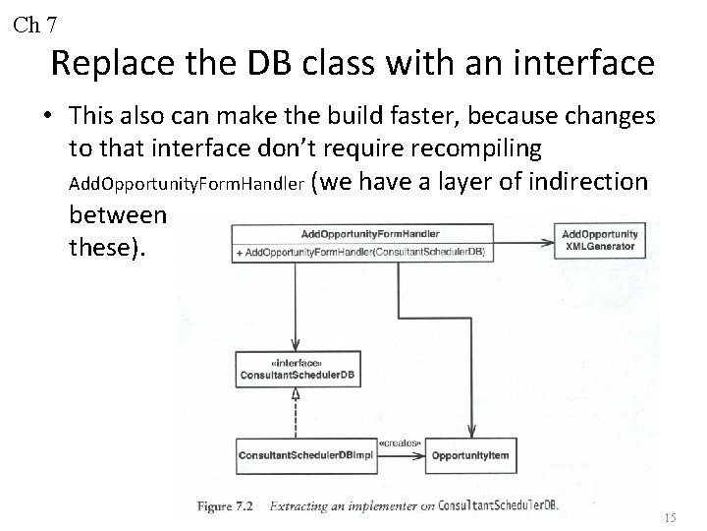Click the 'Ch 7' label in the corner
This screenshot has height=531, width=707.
(35, 24)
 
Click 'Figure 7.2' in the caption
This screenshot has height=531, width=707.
(225, 505)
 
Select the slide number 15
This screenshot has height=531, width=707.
(670, 517)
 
